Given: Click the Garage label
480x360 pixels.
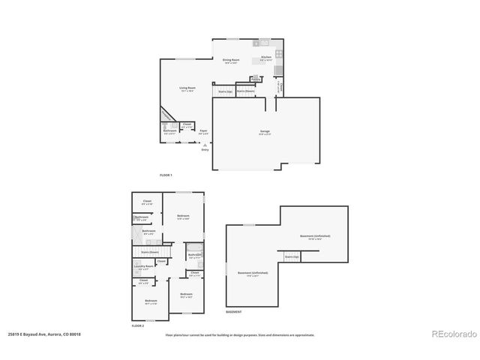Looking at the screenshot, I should click(265, 132).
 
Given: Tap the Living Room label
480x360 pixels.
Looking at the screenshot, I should click(187, 89).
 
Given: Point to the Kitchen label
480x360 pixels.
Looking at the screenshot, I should click(265, 57).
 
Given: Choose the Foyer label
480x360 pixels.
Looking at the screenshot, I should click(203, 131).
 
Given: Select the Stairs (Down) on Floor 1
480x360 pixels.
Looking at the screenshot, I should click(245, 91).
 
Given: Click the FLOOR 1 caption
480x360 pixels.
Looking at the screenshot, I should click(166, 175).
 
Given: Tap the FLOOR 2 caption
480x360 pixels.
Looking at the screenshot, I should click(137, 326).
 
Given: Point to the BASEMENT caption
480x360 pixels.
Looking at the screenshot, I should click(234, 311).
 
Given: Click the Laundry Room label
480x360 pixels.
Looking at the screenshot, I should click(144, 266).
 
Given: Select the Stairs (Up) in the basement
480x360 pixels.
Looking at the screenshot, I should click(291, 256).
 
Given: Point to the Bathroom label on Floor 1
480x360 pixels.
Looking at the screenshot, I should click(170, 131).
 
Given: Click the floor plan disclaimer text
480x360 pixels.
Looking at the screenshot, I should click(240, 335).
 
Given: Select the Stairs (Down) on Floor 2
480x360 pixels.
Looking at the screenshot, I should click(150, 252).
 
